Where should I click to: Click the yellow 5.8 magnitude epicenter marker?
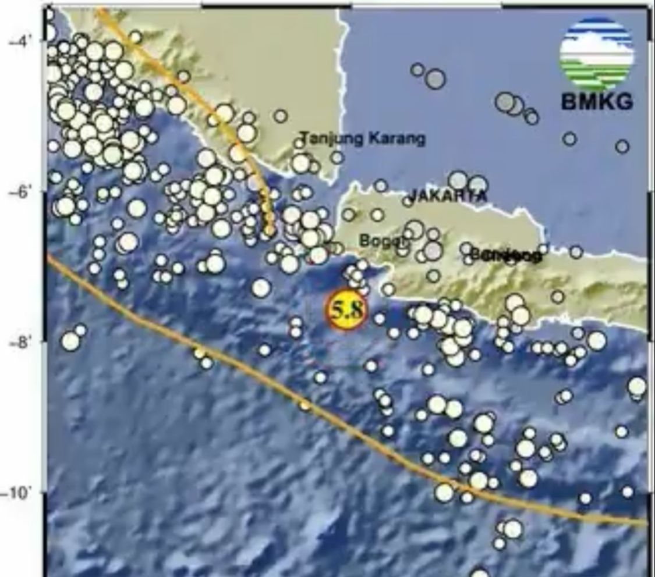tap(346, 310)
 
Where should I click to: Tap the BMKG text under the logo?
tap(597, 102)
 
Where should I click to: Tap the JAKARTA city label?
tap(448, 196)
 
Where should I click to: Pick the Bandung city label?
tap(505, 255)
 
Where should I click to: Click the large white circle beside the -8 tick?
tap(70, 341)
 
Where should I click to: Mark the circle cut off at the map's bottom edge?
tap(479, 573)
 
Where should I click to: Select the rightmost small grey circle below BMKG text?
tap(622, 146)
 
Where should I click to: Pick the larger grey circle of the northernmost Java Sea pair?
tap(436, 79)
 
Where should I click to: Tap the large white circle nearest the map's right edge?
tap(637, 386)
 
